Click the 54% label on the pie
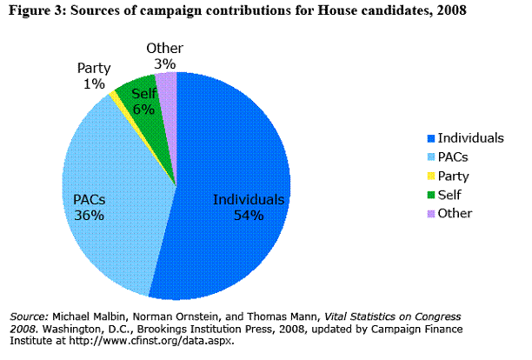click(248, 216)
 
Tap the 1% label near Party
click(94, 83)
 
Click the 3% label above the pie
click(164, 63)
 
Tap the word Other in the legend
click(455, 213)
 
